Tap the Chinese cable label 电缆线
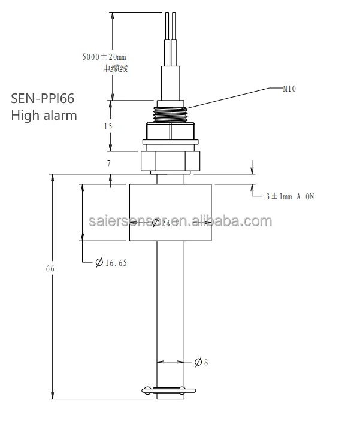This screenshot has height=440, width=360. pyautogui.click(x=116, y=69)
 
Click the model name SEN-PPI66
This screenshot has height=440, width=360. pyautogui.click(x=43, y=98)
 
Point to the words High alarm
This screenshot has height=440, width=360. pyautogui.click(x=44, y=115)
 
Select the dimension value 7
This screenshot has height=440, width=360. pyautogui.click(x=109, y=162)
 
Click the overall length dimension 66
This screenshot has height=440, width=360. pyautogui.click(x=50, y=269)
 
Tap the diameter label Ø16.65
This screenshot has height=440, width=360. pyautogui.click(x=111, y=262)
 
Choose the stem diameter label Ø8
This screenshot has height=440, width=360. pyautogui.click(x=201, y=362)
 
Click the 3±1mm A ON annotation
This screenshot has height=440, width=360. pyautogui.click(x=290, y=196)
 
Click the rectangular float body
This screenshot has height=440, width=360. pyautogui.click(x=171, y=213)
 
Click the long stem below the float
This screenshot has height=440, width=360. pyautogui.click(x=170, y=311)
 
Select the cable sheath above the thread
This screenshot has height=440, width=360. pyautogui.click(x=170, y=81)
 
